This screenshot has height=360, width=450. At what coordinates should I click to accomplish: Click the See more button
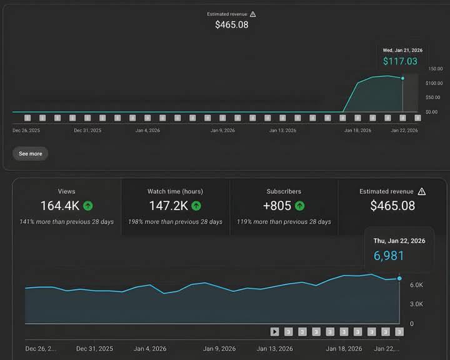click(30, 154)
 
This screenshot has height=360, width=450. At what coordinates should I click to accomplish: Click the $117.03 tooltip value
click(401, 61)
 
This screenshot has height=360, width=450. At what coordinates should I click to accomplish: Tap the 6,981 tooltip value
click(389, 256)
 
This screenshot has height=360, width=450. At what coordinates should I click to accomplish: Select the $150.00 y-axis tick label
click(434, 69)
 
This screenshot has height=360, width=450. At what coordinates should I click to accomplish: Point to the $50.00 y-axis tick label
click(432, 97)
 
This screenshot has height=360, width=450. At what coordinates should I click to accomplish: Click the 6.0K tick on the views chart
click(416, 284)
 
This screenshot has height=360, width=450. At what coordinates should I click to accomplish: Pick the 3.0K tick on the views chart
click(416, 304)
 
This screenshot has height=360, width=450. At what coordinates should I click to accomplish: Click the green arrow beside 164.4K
click(88, 206)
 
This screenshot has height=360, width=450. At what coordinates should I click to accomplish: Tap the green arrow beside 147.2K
click(196, 206)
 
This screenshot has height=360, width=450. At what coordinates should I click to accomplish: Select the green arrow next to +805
click(299, 206)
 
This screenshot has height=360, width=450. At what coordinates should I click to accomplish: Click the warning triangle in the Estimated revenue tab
click(422, 191)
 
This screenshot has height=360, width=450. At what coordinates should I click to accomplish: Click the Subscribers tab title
click(284, 191)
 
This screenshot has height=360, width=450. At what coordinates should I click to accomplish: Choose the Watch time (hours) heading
click(175, 191)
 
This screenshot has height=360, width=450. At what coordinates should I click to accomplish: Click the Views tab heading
click(66, 191)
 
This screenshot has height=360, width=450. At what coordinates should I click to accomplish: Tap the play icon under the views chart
click(275, 332)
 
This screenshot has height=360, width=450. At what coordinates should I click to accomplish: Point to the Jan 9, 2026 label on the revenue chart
click(222, 131)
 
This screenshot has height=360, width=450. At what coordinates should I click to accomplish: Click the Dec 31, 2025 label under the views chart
click(95, 349)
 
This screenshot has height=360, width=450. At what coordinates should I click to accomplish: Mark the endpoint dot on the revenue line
click(402, 78)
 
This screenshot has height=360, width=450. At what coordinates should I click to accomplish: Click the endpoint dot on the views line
click(399, 278)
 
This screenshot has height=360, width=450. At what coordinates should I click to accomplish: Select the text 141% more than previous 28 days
click(66, 222)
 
